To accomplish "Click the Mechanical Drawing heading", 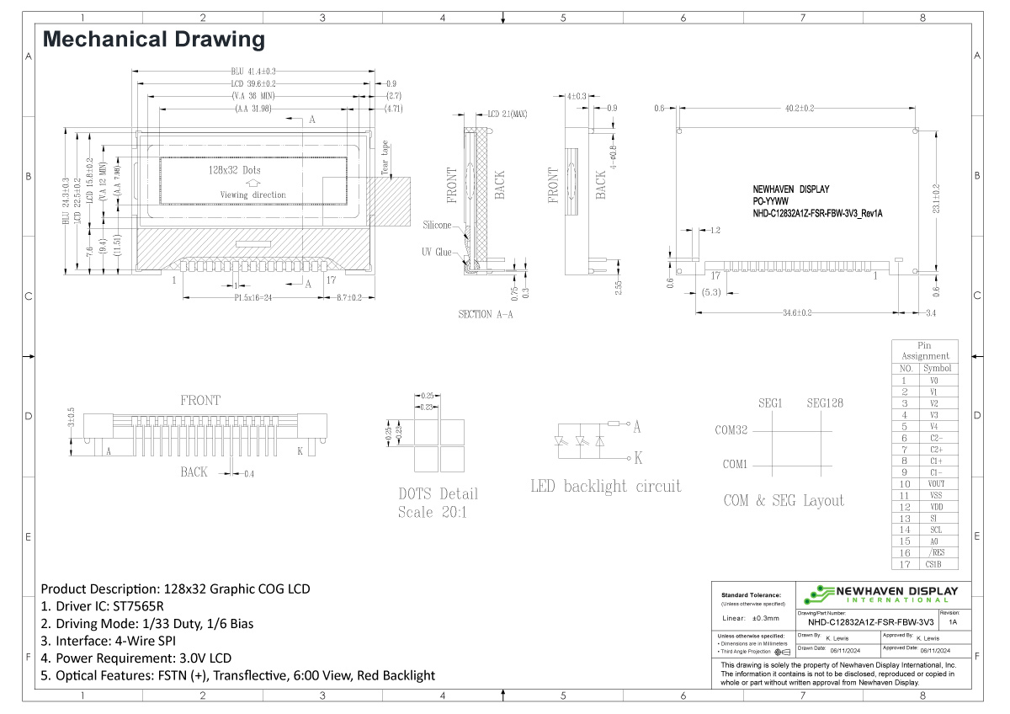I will tap(153, 39).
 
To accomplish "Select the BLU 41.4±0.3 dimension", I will tap(253, 72).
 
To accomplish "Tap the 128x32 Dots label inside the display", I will tap(234, 170).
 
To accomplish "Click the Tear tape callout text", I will tap(385, 157).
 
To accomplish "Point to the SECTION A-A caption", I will tap(486, 314).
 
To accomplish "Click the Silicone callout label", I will tap(437, 226).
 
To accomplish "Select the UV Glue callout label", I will tap(437, 252).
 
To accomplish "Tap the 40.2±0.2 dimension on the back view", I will tap(800, 108).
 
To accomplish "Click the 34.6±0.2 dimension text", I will tap(797, 313).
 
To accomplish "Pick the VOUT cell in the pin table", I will tap(937, 484).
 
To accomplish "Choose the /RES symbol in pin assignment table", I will tap(937, 552).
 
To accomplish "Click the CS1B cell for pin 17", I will tap(937, 564).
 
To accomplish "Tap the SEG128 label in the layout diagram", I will tap(825, 403).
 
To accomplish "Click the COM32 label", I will tap(731, 430).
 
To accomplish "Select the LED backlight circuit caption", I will tap(605, 487).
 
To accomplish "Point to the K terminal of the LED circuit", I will tap(637, 458).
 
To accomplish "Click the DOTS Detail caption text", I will tap(438, 493).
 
